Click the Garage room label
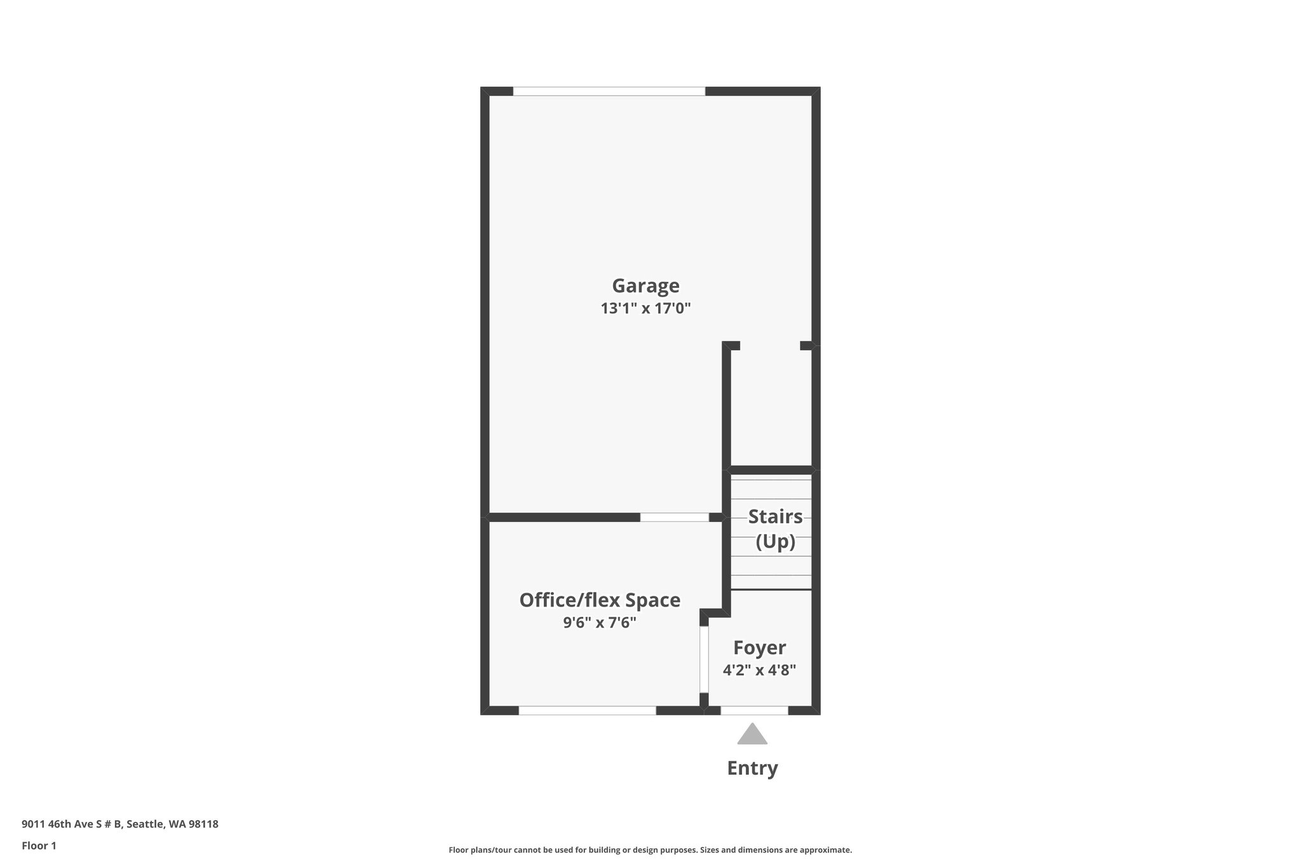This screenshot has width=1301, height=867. [645, 286]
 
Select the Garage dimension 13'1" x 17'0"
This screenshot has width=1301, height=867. [645, 309]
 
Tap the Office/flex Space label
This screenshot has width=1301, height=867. [600, 600]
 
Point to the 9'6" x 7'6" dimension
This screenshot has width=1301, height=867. [600, 622]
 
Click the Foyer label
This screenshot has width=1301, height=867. [759, 648]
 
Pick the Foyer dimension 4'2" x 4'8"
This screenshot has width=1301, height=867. [759, 670]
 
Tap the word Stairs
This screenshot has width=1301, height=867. [775, 517]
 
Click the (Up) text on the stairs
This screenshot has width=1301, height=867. [775, 542]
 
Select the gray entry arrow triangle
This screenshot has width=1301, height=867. [752, 735]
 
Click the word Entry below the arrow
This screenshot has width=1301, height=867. [752, 768]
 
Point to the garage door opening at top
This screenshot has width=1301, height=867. [609, 91]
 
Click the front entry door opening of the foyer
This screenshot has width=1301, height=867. [754, 710]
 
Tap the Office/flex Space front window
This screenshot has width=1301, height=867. [587, 710]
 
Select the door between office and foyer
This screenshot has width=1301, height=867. [704, 659]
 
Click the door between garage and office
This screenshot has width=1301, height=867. [674, 517]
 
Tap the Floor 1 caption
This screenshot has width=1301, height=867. [39, 845]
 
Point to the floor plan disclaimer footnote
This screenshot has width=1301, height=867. [650, 850]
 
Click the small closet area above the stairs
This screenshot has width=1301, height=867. [771, 407]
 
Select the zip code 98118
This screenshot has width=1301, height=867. [203, 824]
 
